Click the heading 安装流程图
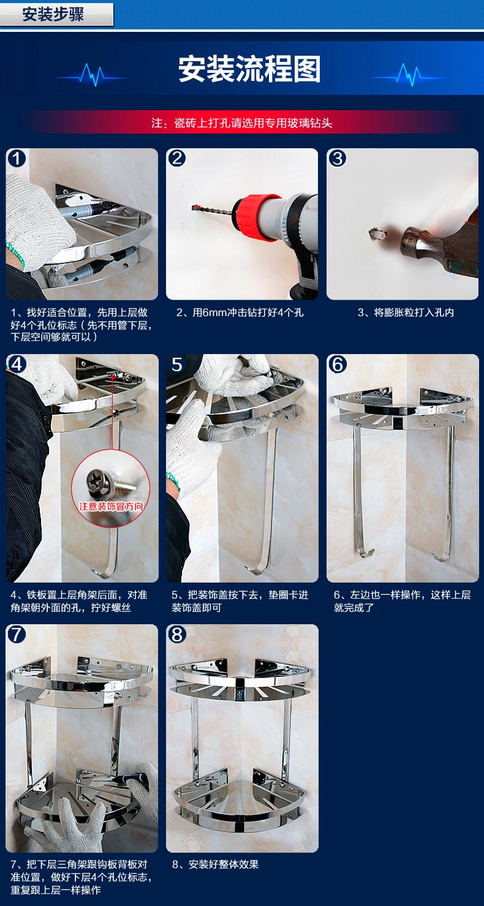[x=249, y=69]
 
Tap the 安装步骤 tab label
[x=53, y=14]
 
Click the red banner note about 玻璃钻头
[x=242, y=123]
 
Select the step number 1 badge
[x=17, y=159]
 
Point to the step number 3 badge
[x=338, y=159]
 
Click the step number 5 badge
[x=177, y=364]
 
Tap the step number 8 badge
[x=177, y=634]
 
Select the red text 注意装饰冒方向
[x=111, y=507]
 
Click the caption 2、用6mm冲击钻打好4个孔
[x=240, y=312]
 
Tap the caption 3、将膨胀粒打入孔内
[x=406, y=312]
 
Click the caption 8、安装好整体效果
[x=215, y=864]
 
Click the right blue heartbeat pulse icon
[x=409, y=74]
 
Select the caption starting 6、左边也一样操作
[x=403, y=601]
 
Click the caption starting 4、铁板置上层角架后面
[x=79, y=601]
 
